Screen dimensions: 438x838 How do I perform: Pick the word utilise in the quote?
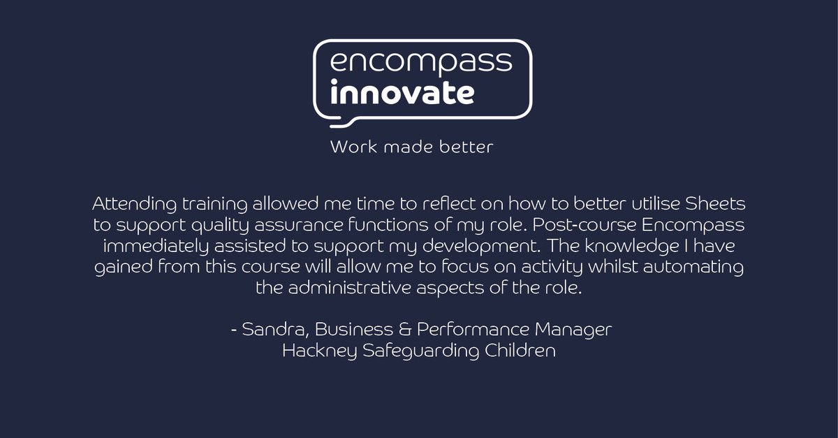pos(638,206)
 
